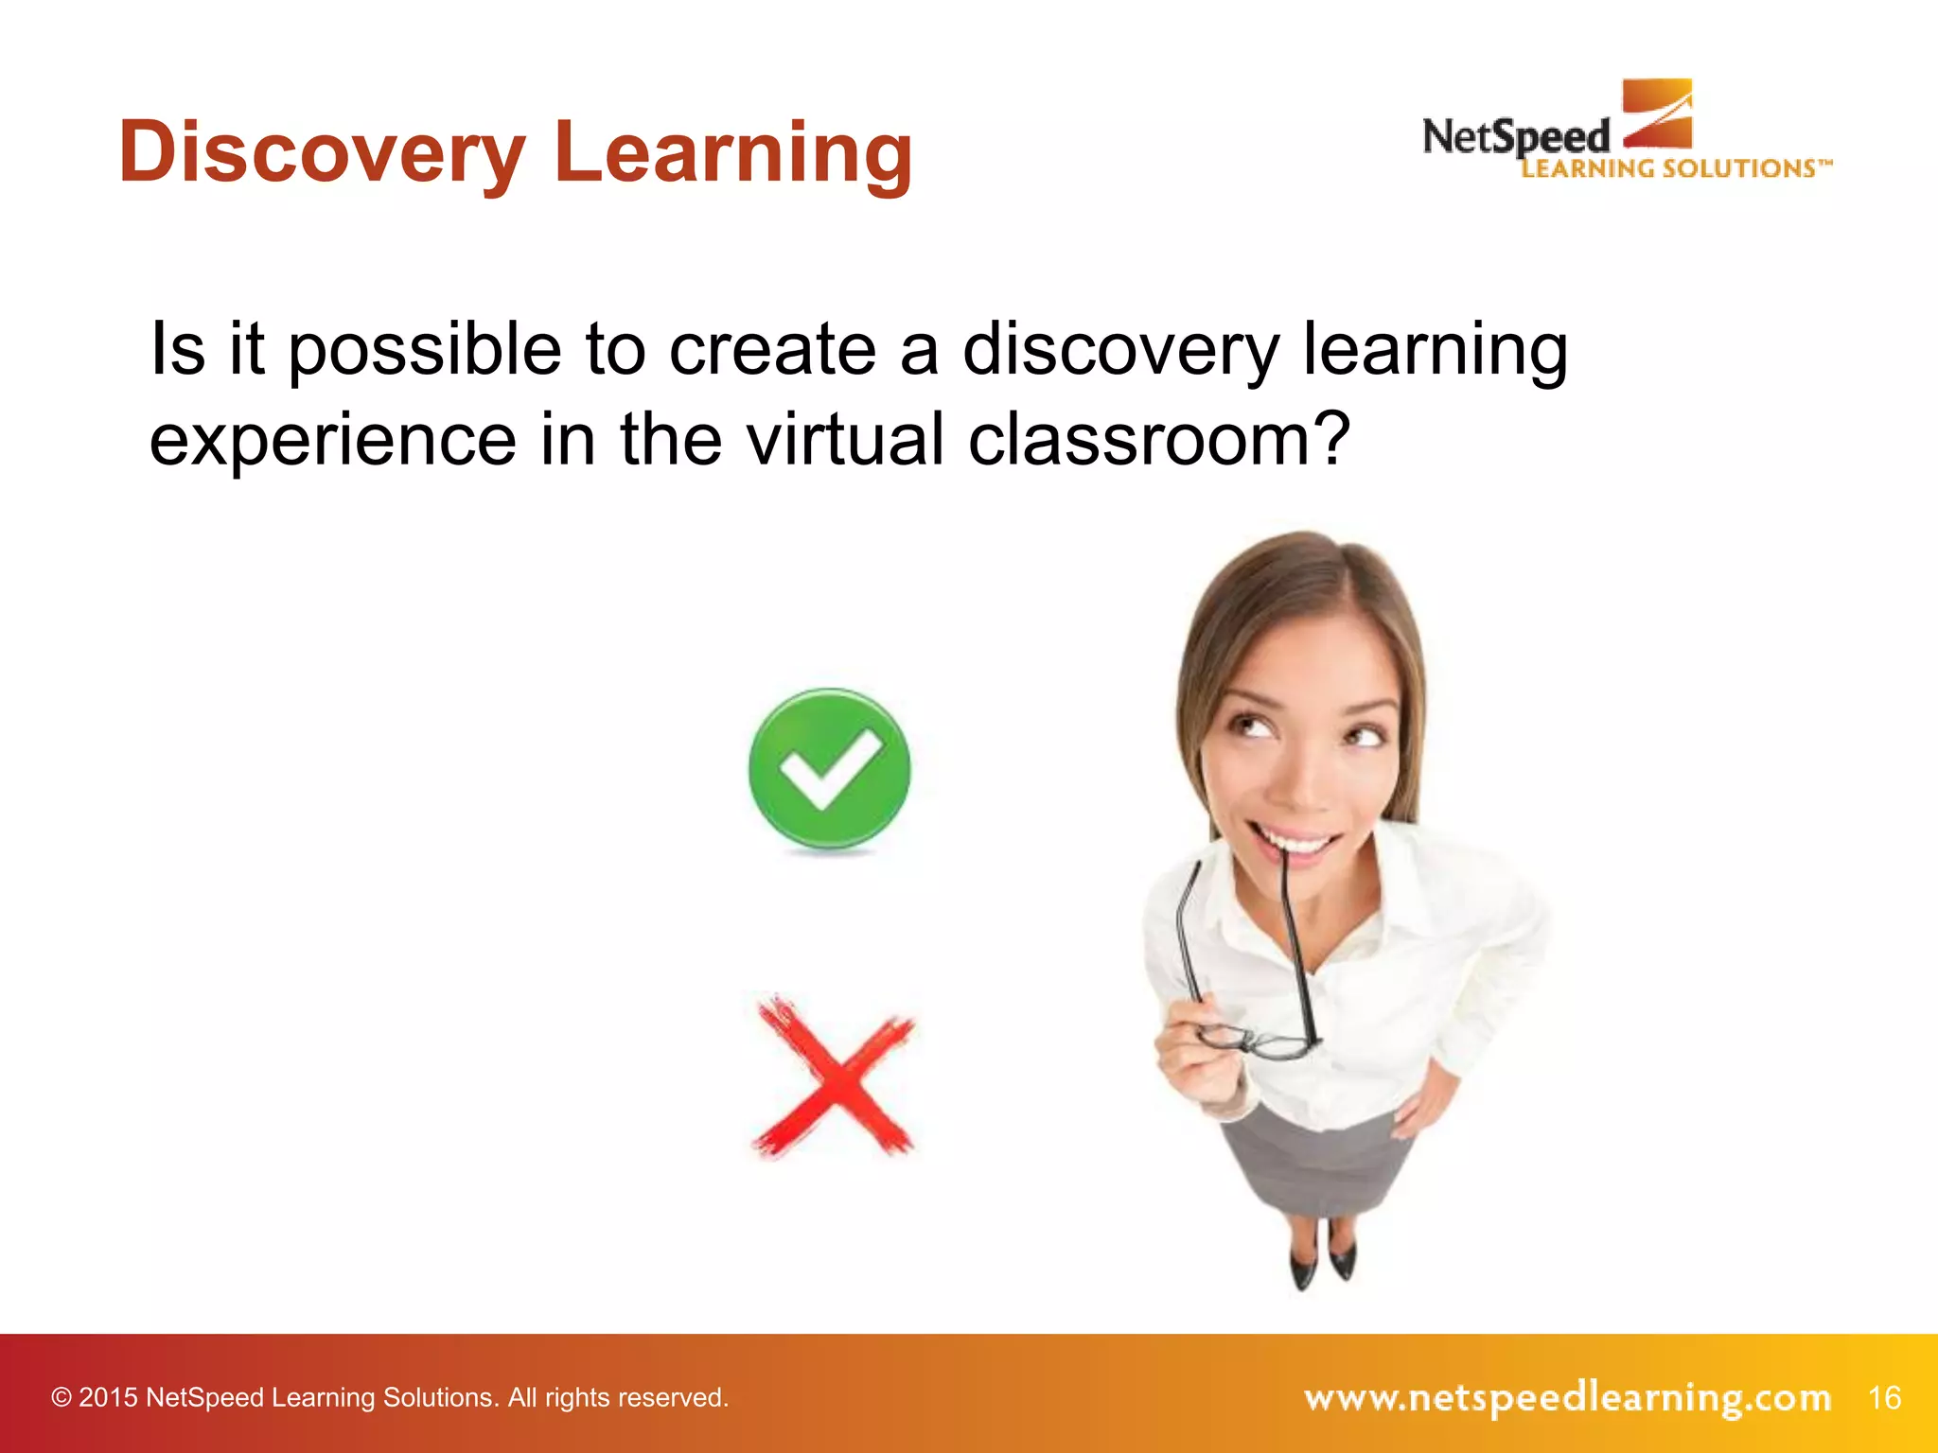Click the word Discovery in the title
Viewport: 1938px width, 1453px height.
pyautogui.click(x=322, y=153)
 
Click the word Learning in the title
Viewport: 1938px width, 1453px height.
pyautogui.click(x=733, y=153)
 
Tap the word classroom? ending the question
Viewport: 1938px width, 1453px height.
pyautogui.click(x=1158, y=440)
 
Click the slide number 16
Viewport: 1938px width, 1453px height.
pyautogui.click(x=1884, y=1397)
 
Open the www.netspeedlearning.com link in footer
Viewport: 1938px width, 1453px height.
pyautogui.click(x=1566, y=1397)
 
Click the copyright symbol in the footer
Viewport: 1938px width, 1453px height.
pyautogui.click(x=62, y=1398)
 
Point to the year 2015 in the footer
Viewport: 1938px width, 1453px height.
pyautogui.click(x=108, y=1398)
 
